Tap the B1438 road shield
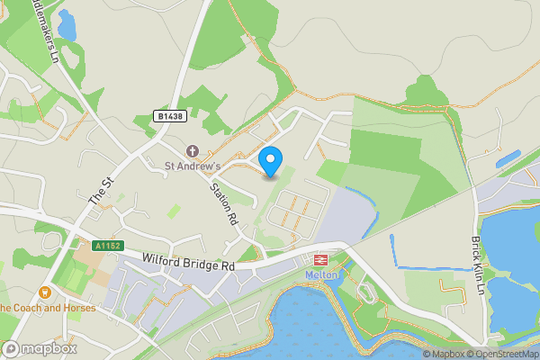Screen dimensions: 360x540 (170, 117)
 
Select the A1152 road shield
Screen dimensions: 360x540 (106, 245)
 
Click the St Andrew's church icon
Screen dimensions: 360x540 (192, 150)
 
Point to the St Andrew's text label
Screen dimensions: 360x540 (192, 166)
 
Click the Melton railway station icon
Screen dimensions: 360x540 (319, 259)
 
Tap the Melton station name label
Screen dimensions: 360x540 (320, 274)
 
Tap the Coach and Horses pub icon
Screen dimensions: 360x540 (44, 292)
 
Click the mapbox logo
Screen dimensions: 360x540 (40, 348)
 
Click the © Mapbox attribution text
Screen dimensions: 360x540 (444, 354)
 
